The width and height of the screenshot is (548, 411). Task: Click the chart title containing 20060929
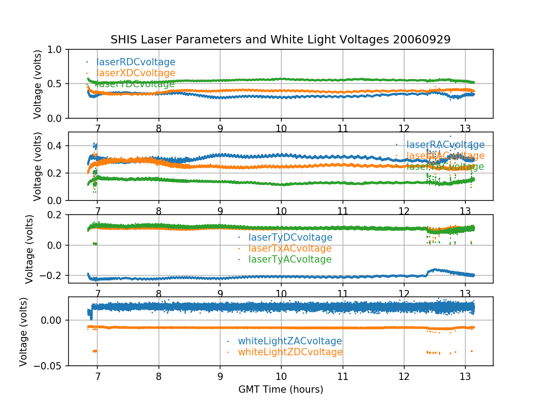click(x=280, y=40)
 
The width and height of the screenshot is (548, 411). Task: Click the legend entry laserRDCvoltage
click(x=136, y=62)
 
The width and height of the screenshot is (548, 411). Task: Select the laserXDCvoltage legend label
click(x=136, y=73)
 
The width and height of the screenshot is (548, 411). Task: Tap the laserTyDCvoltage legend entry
click(x=290, y=237)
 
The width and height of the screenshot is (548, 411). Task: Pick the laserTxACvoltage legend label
click(x=290, y=248)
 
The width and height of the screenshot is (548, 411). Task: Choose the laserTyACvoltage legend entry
click(x=290, y=259)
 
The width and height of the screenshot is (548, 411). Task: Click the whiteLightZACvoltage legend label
click(x=290, y=341)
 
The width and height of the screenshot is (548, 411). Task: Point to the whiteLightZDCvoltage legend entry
click(x=290, y=352)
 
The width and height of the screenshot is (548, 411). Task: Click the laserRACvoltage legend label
click(x=445, y=145)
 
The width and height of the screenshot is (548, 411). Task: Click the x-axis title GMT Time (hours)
click(x=280, y=390)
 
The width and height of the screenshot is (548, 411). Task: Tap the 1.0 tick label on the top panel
click(x=57, y=49)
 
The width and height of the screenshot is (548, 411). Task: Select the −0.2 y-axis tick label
click(x=54, y=275)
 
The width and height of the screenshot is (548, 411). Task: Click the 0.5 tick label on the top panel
click(x=57, y=84)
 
